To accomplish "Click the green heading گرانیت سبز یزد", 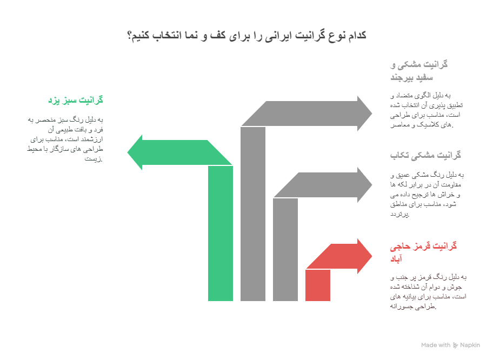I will pyautogui.click(x=75, y=100).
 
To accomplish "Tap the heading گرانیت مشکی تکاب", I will pyautogui.click(x=425, y=155).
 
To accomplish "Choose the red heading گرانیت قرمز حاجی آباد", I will pyautogui.click(x=423, y=252).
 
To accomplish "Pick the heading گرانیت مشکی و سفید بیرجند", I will pyautogui.click(x=419, y=71).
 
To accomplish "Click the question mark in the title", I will pyautogui.click(x=130, y=36).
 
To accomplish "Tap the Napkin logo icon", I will pyautogui.click(x=455, y=345).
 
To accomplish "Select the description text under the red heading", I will pyautogui.click(x=427, y=292).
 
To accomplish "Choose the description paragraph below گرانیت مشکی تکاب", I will pyautogui.click(x=427, y=194).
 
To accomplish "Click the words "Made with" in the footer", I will pyautogui.click(x=435, y=345).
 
